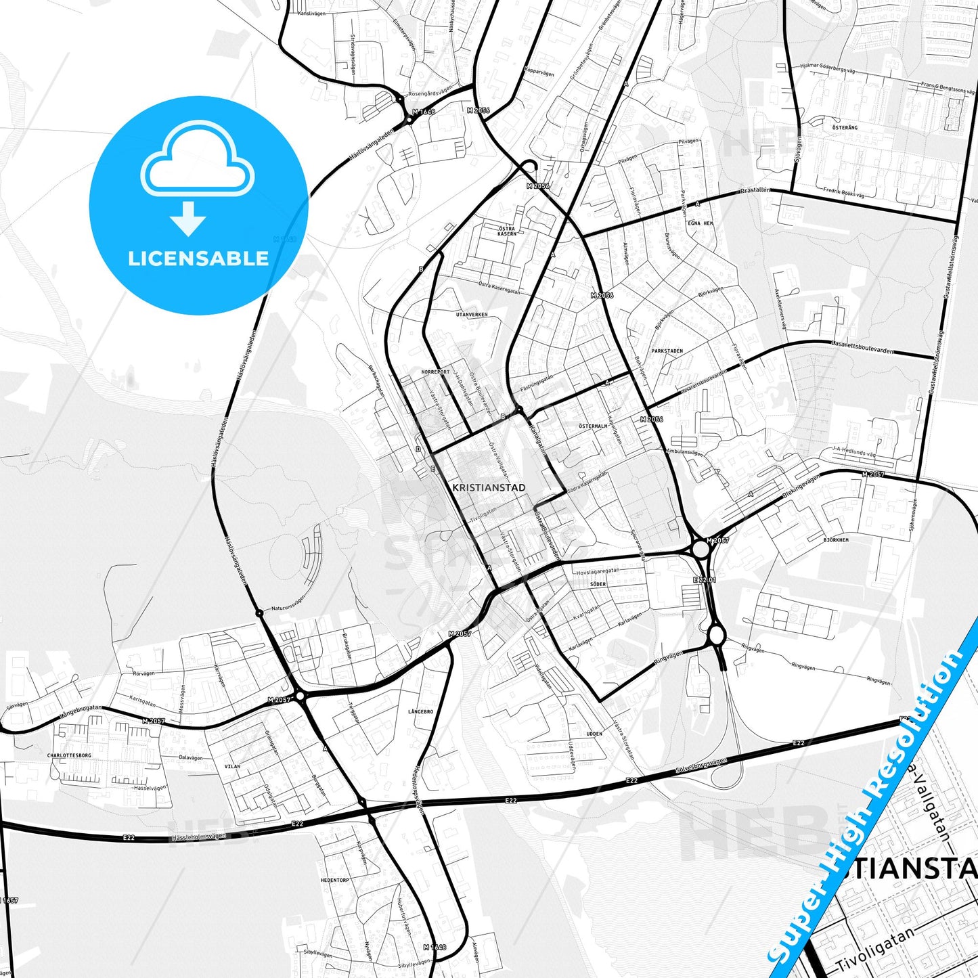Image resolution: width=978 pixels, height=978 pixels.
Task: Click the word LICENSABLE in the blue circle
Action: coord(198,259)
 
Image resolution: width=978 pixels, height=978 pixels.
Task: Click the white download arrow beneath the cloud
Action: coord(188,219)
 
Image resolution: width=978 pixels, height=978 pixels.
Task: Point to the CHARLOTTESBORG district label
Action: coord(69,755)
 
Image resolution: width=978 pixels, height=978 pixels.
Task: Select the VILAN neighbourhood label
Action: coord(232,767)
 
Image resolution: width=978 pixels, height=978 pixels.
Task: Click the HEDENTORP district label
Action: coord(335,880)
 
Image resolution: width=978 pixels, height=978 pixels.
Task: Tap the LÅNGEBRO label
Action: coord(420,712)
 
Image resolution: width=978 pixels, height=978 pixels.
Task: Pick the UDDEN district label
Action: coord(594,734)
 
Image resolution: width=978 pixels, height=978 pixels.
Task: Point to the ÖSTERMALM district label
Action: coord(593,426)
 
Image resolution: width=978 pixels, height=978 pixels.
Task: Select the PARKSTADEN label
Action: coord(667,351)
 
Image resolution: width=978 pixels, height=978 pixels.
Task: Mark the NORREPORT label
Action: coord(435,372)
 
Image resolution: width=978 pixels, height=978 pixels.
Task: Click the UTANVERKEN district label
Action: coord(472,315)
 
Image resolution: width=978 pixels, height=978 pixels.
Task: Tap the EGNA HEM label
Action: coord(700,223)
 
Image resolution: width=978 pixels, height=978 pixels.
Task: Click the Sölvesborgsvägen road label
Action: coord(701,765)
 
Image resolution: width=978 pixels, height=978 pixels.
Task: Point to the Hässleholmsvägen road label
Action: coord(199,837)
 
